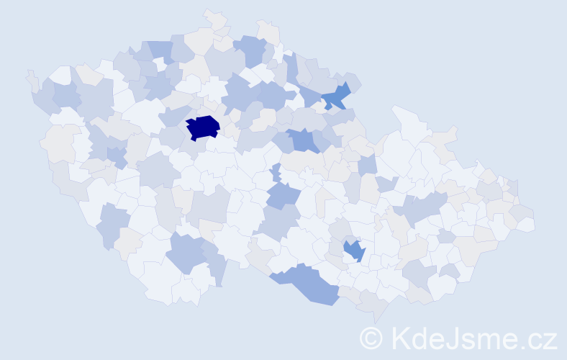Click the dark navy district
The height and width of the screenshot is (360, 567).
[203, 127]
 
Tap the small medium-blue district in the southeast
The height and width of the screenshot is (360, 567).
[354, 251]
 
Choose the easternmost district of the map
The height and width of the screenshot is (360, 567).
[526, 224]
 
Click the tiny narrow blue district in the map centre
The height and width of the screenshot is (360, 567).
[276, 173]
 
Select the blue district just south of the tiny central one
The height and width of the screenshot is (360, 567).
[283, 194]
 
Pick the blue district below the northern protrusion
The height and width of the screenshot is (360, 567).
[250, 50]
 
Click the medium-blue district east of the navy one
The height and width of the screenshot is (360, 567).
[303, 140]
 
